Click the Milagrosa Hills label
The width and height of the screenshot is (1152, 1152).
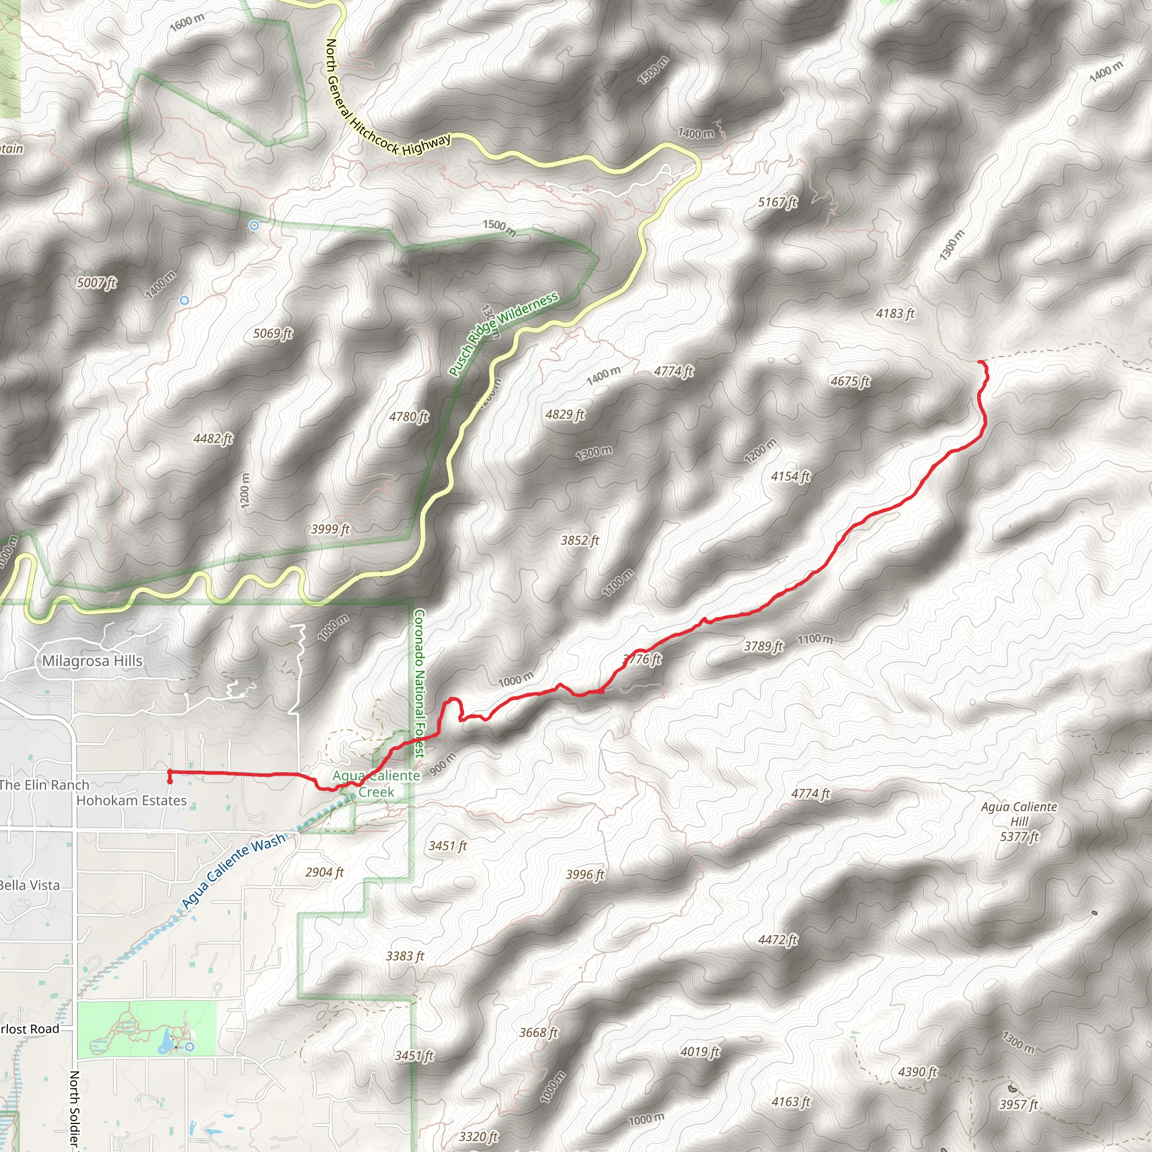pyautogui.click(x=92, y=661)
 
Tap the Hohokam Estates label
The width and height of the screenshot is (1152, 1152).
pyautogui.click(x=132, y=801)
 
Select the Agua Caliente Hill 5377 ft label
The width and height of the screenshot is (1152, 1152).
pyautogui.click(x=1019, y=822)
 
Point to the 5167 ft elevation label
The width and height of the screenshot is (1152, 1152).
pyautogui.click(x=777, y=202)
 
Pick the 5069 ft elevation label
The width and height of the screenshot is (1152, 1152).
pyautogui.click(x=272, y=334)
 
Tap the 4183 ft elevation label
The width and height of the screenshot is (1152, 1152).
pyautogui.click(x=895, y=314)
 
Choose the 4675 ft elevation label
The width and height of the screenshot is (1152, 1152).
pyautogui.click(x=850, y=381)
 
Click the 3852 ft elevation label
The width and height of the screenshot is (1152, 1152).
pyautogui.click(x=579, y=540)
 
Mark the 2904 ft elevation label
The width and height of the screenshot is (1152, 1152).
pyautogui.click(x=325, y=872)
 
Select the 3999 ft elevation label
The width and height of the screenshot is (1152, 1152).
pyautogui.click(x=330, y=529)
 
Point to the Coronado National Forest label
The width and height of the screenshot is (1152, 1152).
pyautogui.click(x=419, y=683)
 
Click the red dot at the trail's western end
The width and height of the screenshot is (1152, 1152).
pyautogui.click(x=170, y=781)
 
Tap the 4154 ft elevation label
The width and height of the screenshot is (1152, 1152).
pyautogui.click(x=791, y=476)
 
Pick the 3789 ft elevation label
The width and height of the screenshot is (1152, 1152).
pyautogui.click(x=763, y=646)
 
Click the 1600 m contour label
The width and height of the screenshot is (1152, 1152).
pyautogui.click(x=187, y=22)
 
